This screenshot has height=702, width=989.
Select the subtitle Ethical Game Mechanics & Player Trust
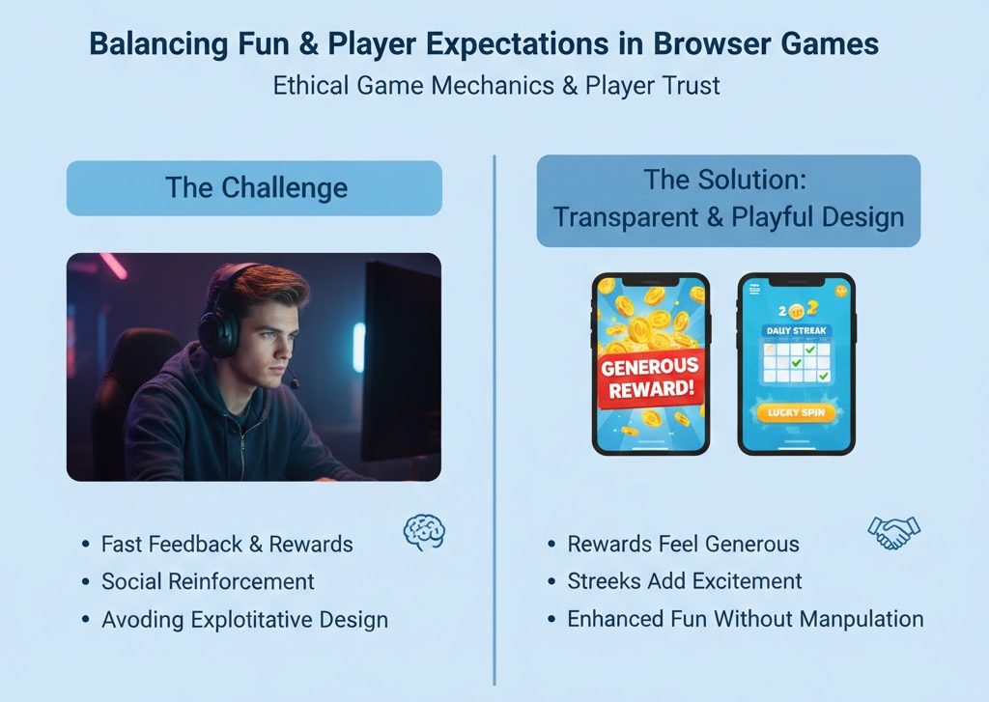[495, 85]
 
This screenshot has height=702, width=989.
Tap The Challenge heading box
[254, 187]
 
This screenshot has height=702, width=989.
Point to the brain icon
[423, 532]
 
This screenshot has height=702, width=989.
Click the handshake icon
[893, 532]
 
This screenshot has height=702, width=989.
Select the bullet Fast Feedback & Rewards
[227, 544]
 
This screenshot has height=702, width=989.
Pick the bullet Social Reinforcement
[208, 581]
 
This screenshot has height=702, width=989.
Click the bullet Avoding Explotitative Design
[244, 619]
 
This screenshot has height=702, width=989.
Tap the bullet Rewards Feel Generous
[683, 544]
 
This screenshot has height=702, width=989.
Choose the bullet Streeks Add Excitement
[684, 581]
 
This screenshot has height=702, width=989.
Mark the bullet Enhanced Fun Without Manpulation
[745, 619]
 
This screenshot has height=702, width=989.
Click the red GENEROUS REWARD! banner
[651, 379]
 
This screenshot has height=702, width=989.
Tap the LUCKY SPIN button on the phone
[796, 412]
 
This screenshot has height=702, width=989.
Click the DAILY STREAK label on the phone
[796, 331]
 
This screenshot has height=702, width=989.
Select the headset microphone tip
[293, 383]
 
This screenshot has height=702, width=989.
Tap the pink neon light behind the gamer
[113, 266]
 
